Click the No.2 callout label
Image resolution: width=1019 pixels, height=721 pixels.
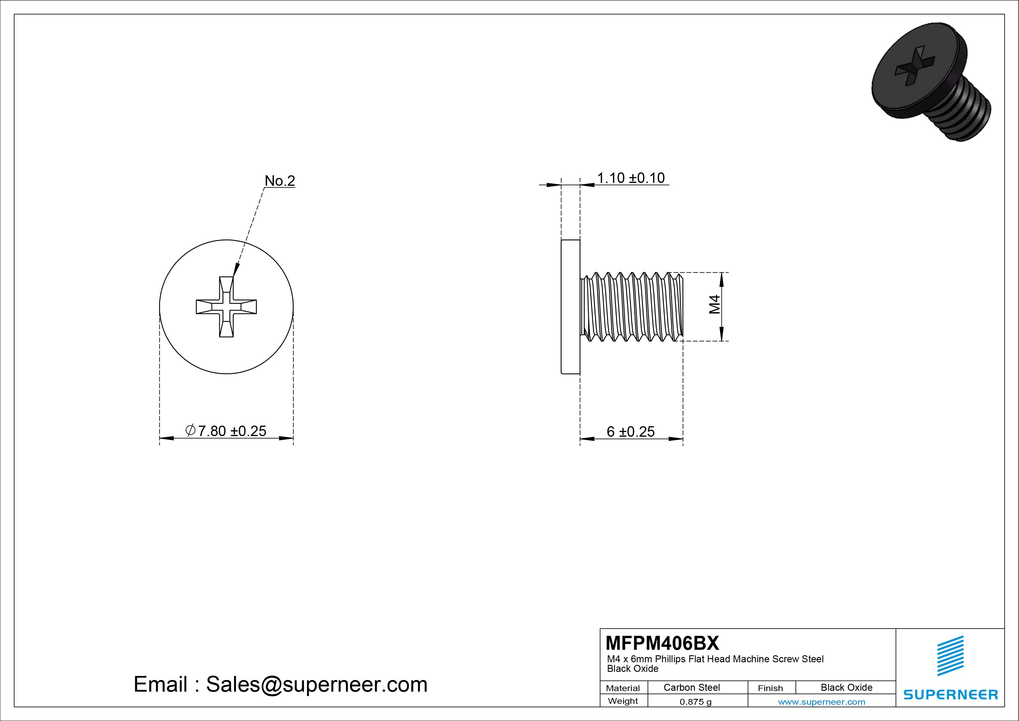coord(280,181)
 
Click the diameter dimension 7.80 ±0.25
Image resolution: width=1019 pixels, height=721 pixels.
coord(226,431)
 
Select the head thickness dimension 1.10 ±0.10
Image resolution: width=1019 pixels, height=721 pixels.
coord(630,178)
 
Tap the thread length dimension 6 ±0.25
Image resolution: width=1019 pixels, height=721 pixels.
coord(630,432)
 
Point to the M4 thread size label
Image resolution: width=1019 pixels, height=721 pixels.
coord(714,305)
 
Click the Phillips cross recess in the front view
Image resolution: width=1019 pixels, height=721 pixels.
coord(226,306)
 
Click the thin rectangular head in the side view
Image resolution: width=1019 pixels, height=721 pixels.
coord(570,306)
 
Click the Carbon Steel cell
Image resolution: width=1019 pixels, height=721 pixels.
coord(691,687)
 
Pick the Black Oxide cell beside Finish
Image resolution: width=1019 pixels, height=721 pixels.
coord(846,687)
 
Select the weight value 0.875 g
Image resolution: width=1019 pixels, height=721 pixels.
coord(695,702)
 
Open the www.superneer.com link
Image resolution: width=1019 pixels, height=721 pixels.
coord(821,702)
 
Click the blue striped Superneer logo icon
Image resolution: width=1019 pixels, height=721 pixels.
coord(950,656)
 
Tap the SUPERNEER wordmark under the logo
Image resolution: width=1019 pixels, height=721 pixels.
coord(950,694)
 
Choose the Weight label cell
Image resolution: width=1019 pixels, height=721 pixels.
coord(623,701)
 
